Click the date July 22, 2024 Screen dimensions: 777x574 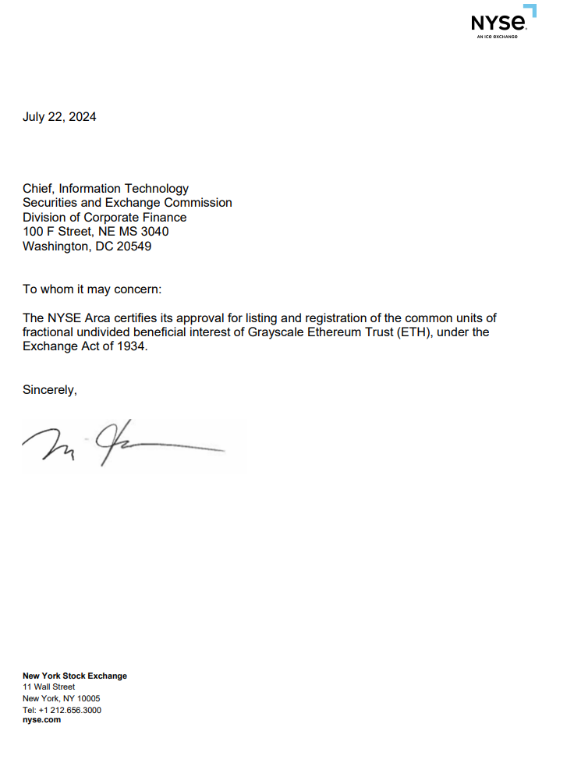(x=59, y=117)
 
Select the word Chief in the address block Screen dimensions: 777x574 (x=38, y=188)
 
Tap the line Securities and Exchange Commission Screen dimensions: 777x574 (x=127, y=203)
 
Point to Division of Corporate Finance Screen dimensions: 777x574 (x=105, y=218)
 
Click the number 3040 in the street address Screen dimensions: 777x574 (x=154, y=232)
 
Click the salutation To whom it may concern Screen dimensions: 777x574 (x=92, y=289)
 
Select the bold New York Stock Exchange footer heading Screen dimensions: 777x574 (x=75, y=676)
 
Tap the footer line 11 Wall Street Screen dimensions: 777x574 (x=48, y=687)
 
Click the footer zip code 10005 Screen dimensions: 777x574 (x=86, y=698)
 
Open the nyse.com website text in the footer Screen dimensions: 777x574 (x=41, y=720)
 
